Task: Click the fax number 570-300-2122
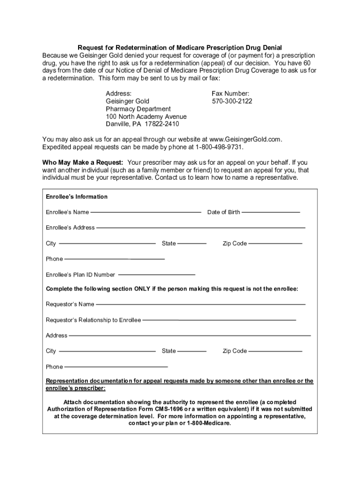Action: click(232, 101)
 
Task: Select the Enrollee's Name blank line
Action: click(145, 212)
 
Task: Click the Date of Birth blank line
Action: click(271, 212)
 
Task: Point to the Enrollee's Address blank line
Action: click(201, 228)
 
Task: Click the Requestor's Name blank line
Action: click(201, 305)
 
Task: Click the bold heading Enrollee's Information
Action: click(77, 197)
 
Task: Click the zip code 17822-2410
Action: click(162, 124)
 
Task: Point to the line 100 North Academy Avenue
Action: click(146, 116)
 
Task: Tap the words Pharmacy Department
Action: click(138, 109)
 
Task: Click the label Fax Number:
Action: click(230, 94)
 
